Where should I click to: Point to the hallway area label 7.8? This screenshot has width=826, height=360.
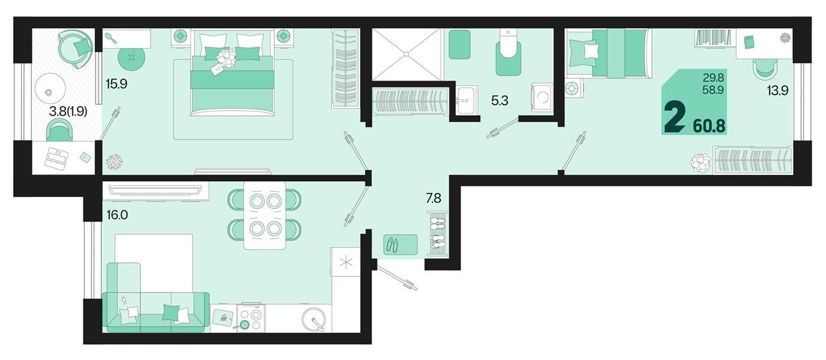pyautogui.click(x=434, y=198)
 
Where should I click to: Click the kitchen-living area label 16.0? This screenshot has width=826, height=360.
pyautogui.click(x=118, y=215)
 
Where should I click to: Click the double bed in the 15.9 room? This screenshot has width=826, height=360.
pyautogui.click(x=232, y=74)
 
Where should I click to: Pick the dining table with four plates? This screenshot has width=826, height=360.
pyautogui.click(x=265, y=215)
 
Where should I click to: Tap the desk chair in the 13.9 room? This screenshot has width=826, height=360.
pyautogui.click(x=765, y=68)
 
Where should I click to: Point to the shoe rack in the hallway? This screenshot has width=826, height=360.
pyautogui.click(x=437, y=233)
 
